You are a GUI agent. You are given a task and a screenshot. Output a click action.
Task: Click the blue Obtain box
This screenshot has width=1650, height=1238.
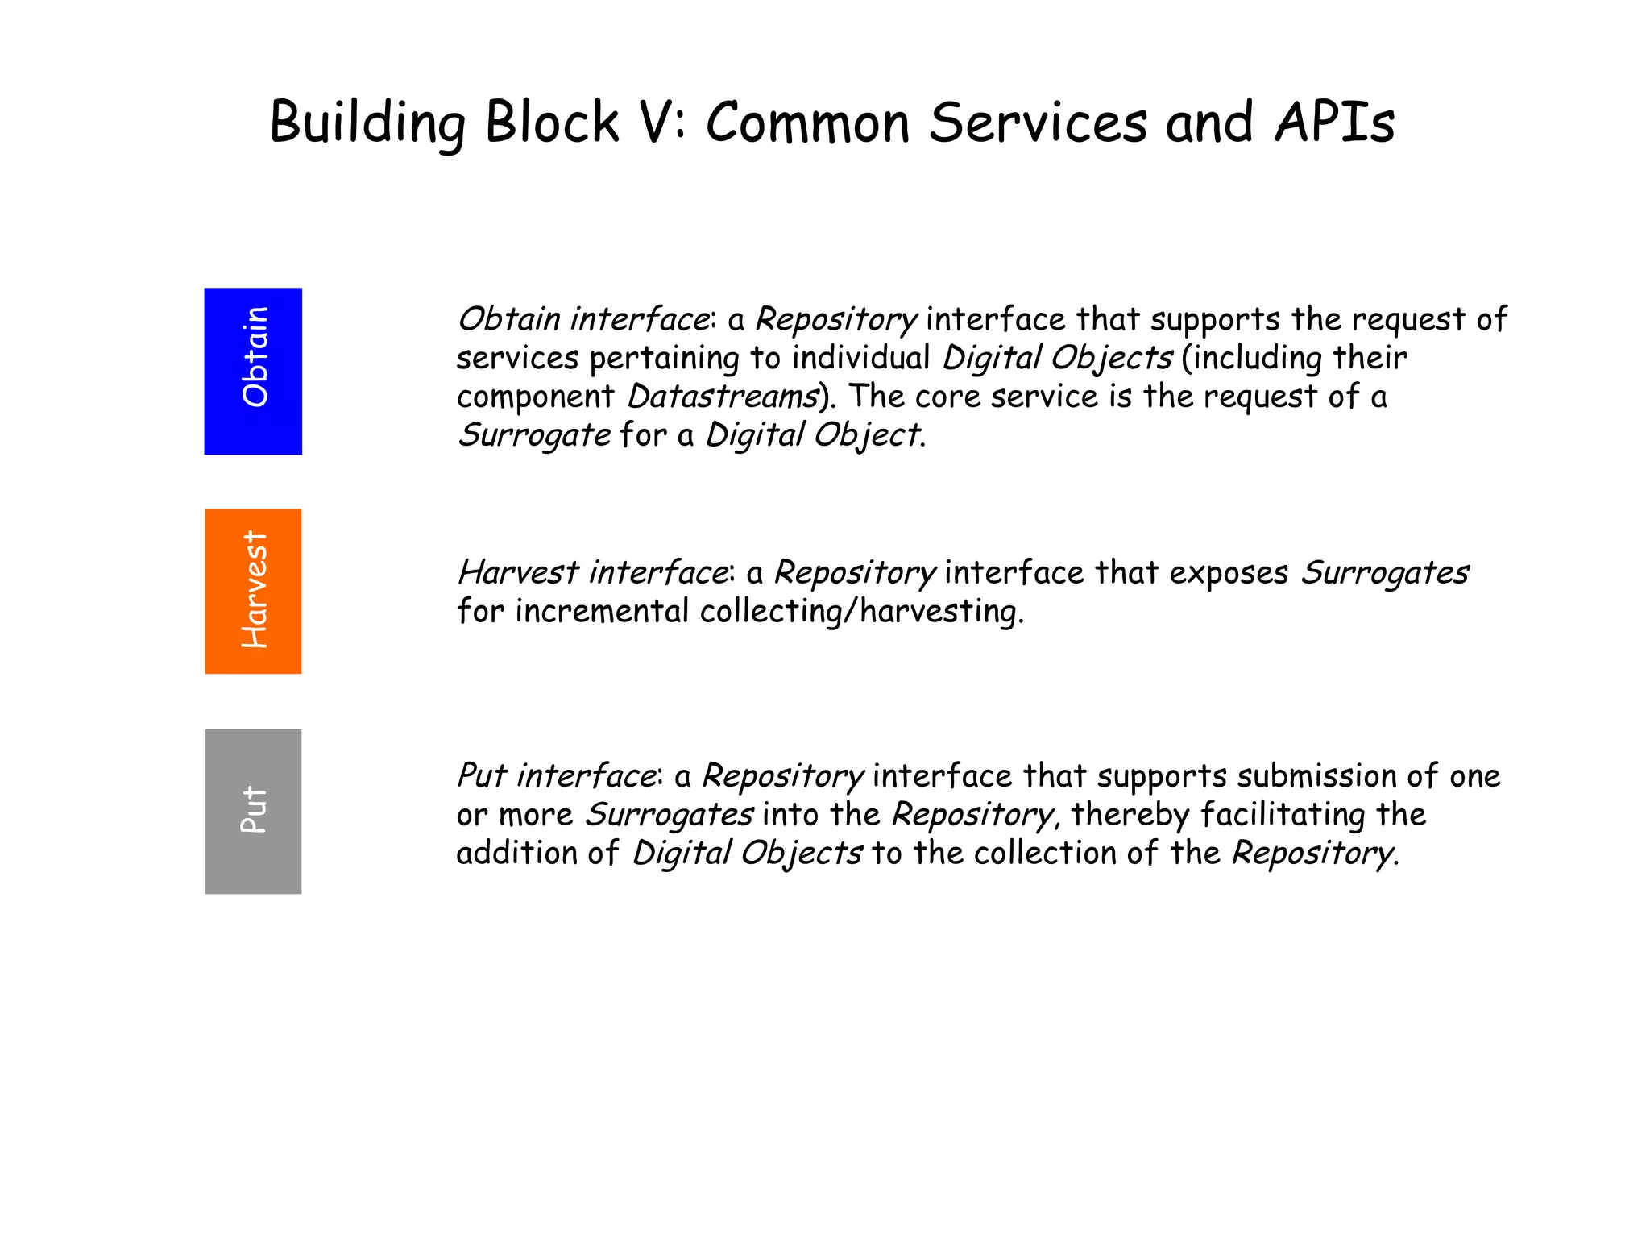click(253, 371)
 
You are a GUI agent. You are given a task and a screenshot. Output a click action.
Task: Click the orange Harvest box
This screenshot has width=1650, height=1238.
click(253, 591)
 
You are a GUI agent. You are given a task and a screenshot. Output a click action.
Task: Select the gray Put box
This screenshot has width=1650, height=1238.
click(253, 811)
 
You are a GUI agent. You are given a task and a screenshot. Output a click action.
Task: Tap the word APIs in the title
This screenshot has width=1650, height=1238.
click(1334, 123)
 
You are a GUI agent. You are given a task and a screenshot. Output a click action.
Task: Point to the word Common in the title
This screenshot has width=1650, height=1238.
click(807, 123)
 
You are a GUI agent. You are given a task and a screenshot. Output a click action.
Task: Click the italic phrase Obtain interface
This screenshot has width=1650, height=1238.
click(583, 320)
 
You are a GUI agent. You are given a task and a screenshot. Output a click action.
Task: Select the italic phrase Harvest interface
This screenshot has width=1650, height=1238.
click(593, 573)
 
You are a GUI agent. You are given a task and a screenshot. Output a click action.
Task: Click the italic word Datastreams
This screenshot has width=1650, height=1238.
click(723, 397)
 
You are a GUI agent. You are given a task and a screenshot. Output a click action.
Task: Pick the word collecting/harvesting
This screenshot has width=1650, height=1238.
click(861, 612)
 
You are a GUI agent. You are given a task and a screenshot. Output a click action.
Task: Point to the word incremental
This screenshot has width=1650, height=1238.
click(602, 612)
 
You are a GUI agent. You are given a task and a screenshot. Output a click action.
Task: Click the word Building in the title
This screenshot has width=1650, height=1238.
click(367, 123)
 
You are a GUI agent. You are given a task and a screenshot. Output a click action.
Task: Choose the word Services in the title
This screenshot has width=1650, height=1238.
click(1038, 123)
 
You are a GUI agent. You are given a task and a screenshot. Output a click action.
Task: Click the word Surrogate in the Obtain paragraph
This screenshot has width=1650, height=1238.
click(534, 435)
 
